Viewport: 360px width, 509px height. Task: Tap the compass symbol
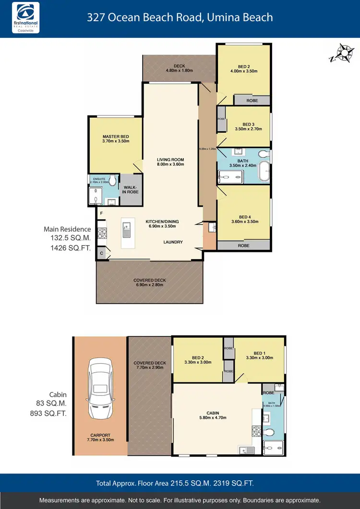[342, 53]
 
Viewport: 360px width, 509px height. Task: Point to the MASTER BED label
[116, 136]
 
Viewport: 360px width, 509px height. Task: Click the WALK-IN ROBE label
[130, 190]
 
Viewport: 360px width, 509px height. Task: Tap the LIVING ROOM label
[170, 160]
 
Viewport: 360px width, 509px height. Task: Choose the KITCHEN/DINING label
[160, 221]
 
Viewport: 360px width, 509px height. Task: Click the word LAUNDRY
[173, 242]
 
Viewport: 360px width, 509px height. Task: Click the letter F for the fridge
[101, 212]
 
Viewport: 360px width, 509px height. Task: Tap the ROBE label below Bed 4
[244, 245]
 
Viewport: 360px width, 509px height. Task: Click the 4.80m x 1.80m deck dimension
[179, 71]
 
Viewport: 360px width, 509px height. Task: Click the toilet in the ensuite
[112, 180]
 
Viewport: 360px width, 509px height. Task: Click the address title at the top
[180, 18]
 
